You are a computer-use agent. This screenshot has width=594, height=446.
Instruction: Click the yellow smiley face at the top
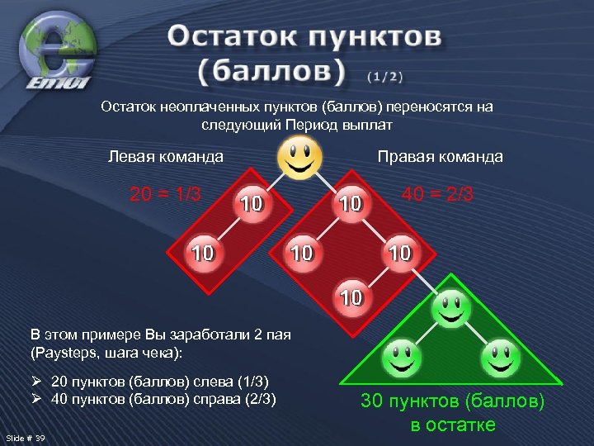tap(299, 157)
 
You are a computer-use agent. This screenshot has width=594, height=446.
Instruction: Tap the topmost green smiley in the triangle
tap(451, 309)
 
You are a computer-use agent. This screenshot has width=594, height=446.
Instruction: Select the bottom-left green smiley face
tap(402, 357)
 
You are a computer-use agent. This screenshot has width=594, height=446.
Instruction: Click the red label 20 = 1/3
tap(165, 194)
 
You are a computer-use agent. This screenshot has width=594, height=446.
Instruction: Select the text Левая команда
tap(166, 156)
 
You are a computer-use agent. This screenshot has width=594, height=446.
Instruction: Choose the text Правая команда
tap(440, 156)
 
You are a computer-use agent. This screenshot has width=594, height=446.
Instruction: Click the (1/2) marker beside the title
tap(385, 77)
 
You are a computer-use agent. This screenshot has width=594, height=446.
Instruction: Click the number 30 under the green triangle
tap(373, 402)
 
